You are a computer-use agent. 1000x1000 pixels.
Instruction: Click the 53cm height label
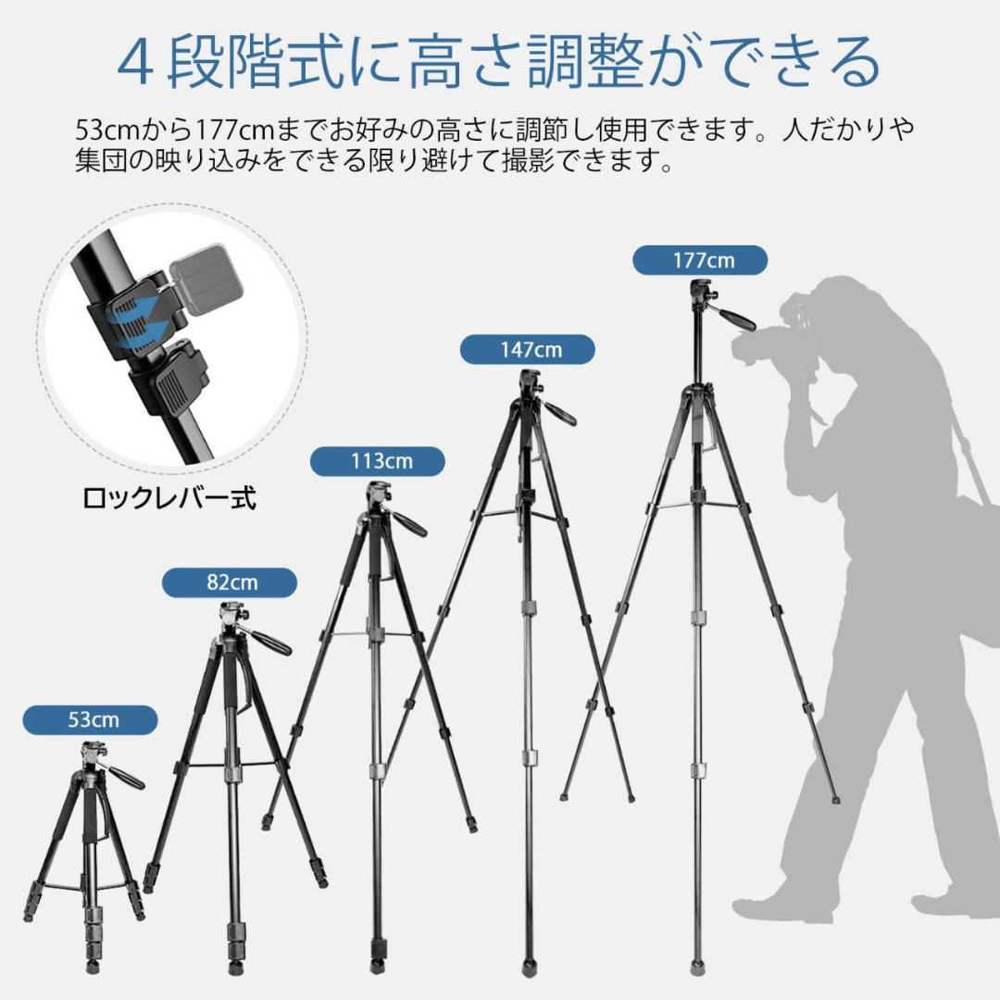(90, 719)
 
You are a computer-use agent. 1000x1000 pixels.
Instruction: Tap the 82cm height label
(230, 583)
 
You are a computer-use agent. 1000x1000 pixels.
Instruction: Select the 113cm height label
(377, 461)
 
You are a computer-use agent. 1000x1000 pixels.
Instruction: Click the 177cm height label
(700, 260)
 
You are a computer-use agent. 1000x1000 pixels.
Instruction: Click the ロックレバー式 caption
(169, 499)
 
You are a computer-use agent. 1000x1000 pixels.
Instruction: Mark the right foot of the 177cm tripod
(835, 798)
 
